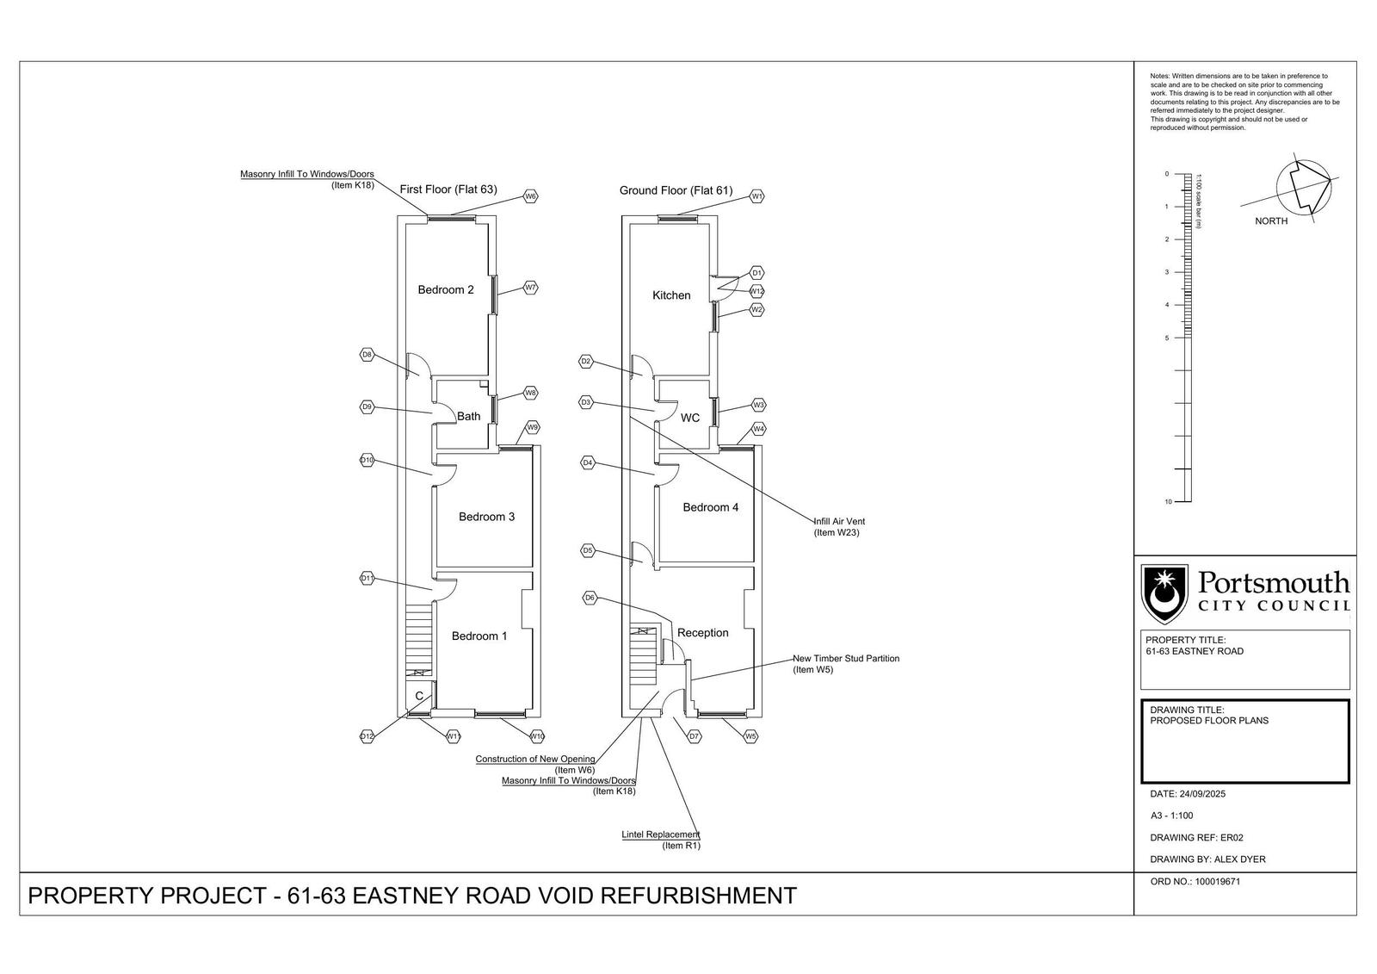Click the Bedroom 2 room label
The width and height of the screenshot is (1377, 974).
tap(445, 290)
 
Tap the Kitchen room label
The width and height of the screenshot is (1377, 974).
tap(671, 295)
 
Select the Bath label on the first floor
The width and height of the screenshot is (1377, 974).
tap(468, 417)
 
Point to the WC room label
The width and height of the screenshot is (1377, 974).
tap(690, 419)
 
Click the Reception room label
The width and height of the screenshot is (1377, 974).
tap(702, 633)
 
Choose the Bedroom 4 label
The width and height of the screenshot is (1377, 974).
tap(710, 508)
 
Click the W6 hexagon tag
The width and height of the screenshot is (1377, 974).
tap(531, 196)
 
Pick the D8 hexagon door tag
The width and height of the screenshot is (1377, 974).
tap(367, 355)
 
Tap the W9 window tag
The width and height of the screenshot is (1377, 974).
tap(533, 427)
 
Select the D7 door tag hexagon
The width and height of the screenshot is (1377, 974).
tap(694, 736)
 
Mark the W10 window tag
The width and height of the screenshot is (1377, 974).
tap(536, 736)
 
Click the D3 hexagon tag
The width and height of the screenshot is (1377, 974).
tap(586, 402)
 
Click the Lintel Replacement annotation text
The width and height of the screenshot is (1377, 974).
tap(660, 834)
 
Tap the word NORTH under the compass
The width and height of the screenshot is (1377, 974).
tap(1271, 221)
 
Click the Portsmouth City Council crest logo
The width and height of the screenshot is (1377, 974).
tap(1164, 593)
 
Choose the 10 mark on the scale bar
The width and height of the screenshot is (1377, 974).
tap(1168, 501)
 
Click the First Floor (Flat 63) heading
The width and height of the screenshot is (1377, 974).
tap(448, 189)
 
